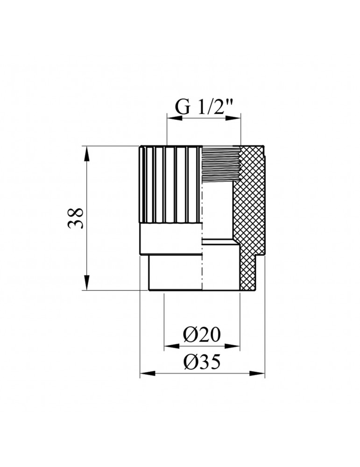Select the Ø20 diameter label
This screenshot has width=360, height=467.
(x=202, y=334)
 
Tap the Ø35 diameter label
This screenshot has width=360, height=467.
(x=202, y=361)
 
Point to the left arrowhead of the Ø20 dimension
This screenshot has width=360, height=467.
(x=168, y=347)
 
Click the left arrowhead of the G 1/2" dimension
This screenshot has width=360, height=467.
(x=171, y=119)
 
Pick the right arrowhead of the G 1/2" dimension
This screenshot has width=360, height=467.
(x=236, y=119)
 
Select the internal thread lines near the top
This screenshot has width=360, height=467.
(x=219, y=161)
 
